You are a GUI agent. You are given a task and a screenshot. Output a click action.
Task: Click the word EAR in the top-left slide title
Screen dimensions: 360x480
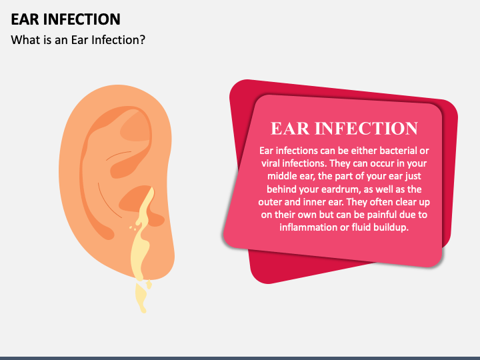point(26,19)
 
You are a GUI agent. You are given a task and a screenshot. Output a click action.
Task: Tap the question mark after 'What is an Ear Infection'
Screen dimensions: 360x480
point(143,39)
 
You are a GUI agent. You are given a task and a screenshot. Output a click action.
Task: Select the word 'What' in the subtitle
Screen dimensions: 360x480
point(25,39)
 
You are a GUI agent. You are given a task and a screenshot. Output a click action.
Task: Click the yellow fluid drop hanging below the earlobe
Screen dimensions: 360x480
point(141,297)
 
